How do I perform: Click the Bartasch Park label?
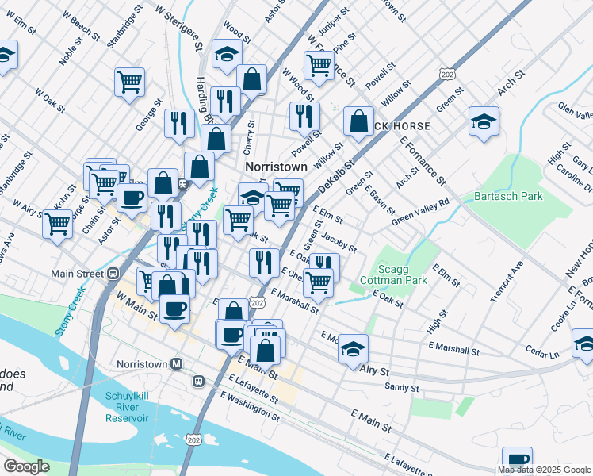click(x=507, y=195)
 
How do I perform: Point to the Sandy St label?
click(x=401, y=387)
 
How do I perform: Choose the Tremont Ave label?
click(x=507, y=282)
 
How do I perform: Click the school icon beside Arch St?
click(x=484, y=121)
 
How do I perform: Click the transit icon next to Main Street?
click(x=113, y=274)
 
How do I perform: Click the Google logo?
click(x=26, y=466)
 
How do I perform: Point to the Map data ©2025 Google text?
click(x=545, y=470)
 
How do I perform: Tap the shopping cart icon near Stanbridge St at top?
click(x=129, y=80)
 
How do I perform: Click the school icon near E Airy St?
click(x=353, y=347)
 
